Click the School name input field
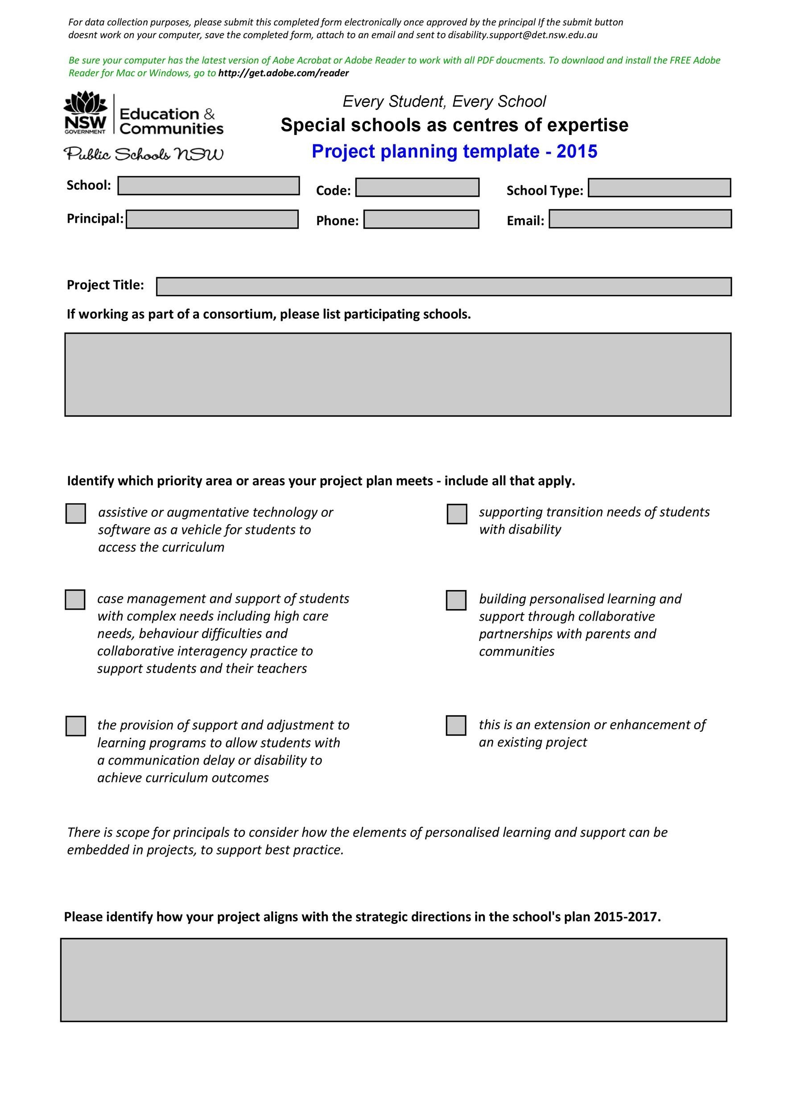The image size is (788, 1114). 208,186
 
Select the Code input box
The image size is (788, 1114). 417,188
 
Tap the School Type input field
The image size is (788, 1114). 659,188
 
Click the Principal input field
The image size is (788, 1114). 212,219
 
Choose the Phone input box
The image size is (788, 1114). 421,219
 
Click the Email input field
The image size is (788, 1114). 640,219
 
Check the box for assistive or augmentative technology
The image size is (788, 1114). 76,513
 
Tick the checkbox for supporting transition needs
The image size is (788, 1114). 456,514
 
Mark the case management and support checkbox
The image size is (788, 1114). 75,600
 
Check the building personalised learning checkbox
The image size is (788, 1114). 456,600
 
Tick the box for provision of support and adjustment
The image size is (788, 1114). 76,726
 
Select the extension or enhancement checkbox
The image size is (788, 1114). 456,725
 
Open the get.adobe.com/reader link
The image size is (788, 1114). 284,73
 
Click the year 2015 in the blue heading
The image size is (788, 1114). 577,152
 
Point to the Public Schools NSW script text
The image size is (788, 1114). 144,154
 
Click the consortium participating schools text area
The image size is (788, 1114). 398,375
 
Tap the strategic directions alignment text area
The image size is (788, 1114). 393,979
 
